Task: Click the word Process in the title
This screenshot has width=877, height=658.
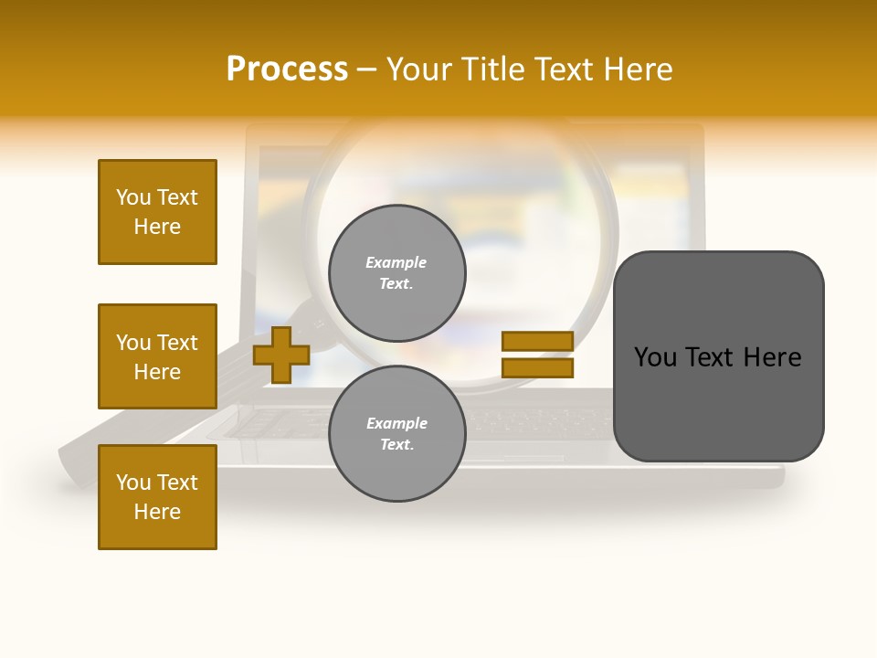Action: [287, 69]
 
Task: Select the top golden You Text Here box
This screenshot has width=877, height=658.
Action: [157, 212]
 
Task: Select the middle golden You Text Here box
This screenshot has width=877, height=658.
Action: [157, 356]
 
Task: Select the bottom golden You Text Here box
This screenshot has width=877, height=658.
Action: [157, 497]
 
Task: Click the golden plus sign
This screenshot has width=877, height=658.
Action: [281, 355]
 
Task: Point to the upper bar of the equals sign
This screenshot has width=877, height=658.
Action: [537, 341]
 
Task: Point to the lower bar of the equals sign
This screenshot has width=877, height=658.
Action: [537, 367]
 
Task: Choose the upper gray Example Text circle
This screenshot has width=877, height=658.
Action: [397, 273]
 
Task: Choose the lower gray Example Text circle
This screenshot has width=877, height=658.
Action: [397, 433]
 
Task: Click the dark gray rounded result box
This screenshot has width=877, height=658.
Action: [718, 402]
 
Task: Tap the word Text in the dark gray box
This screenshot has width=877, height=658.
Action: [717, 357]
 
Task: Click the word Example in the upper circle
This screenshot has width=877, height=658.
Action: [396, 262]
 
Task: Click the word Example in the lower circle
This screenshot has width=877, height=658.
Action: [396, 423]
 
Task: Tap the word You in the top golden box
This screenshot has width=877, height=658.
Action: [133, 197]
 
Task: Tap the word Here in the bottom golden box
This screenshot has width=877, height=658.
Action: [157, 512]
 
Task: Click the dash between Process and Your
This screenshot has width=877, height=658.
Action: [367, 69]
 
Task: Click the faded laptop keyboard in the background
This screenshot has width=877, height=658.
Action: [530, 421]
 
